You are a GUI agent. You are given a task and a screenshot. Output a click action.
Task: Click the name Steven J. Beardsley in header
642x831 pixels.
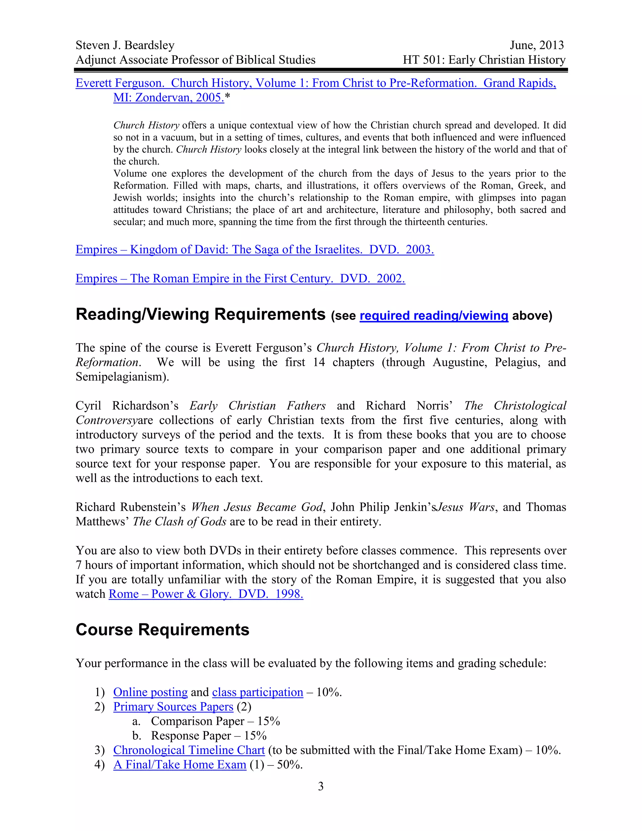[125, 45]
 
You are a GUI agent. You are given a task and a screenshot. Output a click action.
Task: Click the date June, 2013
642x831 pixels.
[537, 45]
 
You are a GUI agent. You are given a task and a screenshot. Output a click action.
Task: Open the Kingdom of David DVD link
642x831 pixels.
[255, 250]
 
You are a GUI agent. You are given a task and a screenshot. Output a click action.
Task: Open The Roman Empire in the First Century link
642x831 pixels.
[240, 278]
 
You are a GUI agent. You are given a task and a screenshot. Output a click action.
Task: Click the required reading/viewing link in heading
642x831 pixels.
[434, 315]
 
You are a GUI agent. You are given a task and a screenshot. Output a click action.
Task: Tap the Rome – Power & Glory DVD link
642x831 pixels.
[206, 594]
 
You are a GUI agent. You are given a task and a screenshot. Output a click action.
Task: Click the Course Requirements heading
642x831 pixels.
[162, 630]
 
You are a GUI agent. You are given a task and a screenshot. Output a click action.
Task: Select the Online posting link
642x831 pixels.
[150, 692]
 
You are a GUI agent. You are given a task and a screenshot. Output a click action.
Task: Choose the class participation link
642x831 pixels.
[257, 692]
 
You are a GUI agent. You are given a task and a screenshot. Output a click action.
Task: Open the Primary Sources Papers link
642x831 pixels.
[173, 707]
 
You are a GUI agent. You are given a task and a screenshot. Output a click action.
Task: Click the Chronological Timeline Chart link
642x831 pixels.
[189, 750]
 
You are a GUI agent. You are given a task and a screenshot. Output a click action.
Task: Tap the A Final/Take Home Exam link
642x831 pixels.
[180, 765]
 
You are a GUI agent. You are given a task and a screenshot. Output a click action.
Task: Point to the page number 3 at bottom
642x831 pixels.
[321, 786]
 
